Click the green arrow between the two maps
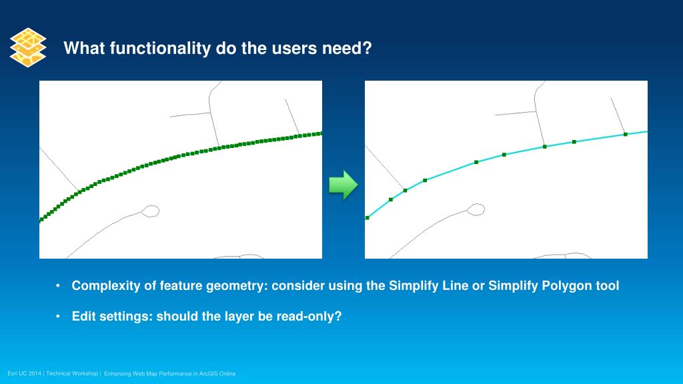click(x=344, y=185)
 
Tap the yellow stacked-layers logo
click(x=28, y=47)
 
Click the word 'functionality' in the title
click(x=160, y=48)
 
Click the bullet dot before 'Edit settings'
click(x=58, y=317)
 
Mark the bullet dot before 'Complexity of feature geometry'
click(x=58, y=286)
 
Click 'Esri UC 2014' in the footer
click(x=25, y=373)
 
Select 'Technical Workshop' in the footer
click(x=72, y=373)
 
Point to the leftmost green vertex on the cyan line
click(x=368, y=218)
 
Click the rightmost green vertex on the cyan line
click(x=626, y=135)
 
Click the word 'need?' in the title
click(x=347, y=48)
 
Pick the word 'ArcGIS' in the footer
click(x=208, y=373)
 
